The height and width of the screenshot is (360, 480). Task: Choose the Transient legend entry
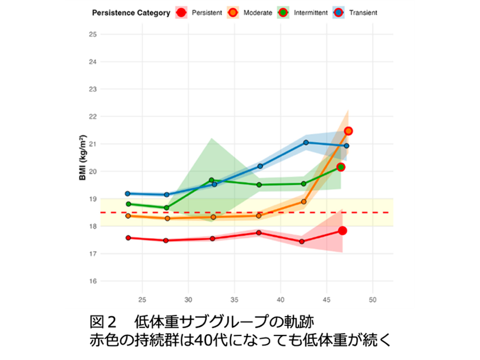[x=358, y=13]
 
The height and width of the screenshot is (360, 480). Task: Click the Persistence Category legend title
[x=131, y=13]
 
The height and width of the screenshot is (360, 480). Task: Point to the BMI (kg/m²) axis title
[x=83, y=157]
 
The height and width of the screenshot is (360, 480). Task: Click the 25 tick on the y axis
[x=93, y=34]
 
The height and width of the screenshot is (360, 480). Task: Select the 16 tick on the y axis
[x=93, y=281]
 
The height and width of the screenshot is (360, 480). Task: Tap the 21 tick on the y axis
[x=93, y=144]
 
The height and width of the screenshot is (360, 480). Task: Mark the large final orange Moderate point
[x=348, y=131]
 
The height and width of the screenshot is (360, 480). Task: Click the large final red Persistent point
[x=342, y=231]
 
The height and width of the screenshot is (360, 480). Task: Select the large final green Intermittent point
[x=341, y=167]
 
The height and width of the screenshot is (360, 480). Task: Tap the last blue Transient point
[x=346, y=146]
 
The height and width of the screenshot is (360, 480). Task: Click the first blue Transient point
[x=128, y=193]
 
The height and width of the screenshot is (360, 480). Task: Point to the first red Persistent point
[x=128, y=238]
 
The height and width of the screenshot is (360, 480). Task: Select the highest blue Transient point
[x=306, y=142]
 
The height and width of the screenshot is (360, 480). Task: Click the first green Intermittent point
[x=129, y=204]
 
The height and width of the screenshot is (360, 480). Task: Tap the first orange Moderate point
[x=128, y=216]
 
